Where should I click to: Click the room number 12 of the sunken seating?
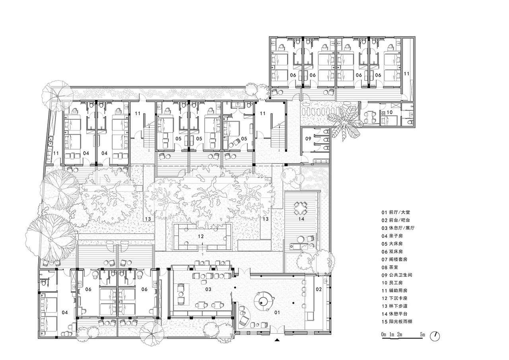click(x=201, y=236)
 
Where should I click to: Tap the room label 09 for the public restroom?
click(x=308, y=138)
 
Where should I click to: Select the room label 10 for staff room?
click(x=389, y=112)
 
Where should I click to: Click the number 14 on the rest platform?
click(x=301, y=219)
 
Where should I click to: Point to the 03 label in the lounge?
click(x=208, y=289)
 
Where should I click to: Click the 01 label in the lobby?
click(x=277, y=313)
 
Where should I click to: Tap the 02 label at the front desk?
click(x=319, y=289)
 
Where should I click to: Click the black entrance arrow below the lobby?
click(x=277, y=340)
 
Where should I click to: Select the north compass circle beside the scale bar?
click(x=435, y=336)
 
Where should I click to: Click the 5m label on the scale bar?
click(x=422, y=334)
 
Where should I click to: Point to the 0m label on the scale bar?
click(x=384, y=334)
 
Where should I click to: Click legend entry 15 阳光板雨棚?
click(x=397, y=321)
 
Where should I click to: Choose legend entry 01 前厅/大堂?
click(x=396, y=212)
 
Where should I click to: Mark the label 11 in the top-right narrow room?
click(x=406, y=74)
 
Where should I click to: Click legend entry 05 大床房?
click(x=392, y=243)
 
